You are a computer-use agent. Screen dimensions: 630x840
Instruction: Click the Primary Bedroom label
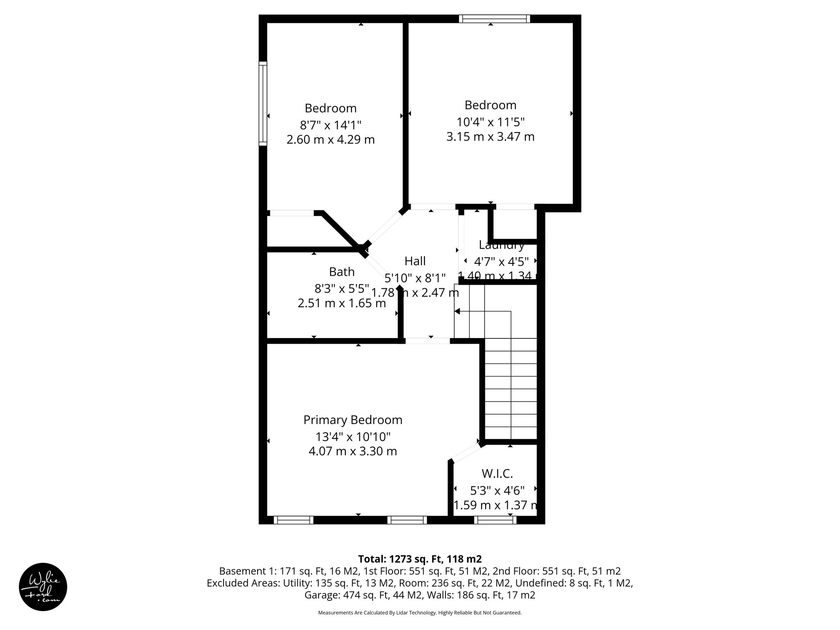pos(353,420)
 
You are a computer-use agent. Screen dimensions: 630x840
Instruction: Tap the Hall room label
pos(415,261)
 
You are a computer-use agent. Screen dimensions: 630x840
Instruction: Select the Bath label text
pos(342,272)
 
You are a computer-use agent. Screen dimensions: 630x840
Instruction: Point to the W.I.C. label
pos(497,474)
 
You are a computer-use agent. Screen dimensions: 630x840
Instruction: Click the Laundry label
pos(501,246)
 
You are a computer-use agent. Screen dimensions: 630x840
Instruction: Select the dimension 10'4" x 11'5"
pos(491,122)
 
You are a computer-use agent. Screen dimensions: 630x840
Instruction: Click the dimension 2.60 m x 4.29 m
pos(331,140)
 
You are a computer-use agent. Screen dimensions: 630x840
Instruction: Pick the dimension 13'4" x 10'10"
pos(353,436)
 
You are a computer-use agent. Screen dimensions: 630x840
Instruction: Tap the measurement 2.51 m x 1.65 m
pos(342,304)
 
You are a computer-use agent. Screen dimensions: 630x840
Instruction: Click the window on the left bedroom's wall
pos(263,103)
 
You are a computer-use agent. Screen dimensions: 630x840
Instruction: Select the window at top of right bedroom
pos(494,18)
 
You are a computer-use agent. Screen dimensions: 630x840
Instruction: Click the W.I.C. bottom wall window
pos(495,520)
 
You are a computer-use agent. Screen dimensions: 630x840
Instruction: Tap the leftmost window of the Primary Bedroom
pos(293,520)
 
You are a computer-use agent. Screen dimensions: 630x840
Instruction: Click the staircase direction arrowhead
pos(457,312)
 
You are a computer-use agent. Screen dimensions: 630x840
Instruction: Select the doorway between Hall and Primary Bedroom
pos(427,340)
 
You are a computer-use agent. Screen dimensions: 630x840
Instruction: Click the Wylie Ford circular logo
pos(43,587)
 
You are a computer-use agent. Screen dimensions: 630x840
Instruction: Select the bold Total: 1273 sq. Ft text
pos(420,559)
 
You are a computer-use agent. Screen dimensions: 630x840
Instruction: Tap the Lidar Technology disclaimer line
pos(420,613)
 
